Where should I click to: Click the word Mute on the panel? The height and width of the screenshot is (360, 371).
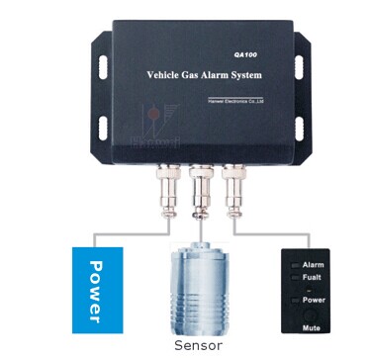(x=314, y=324)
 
